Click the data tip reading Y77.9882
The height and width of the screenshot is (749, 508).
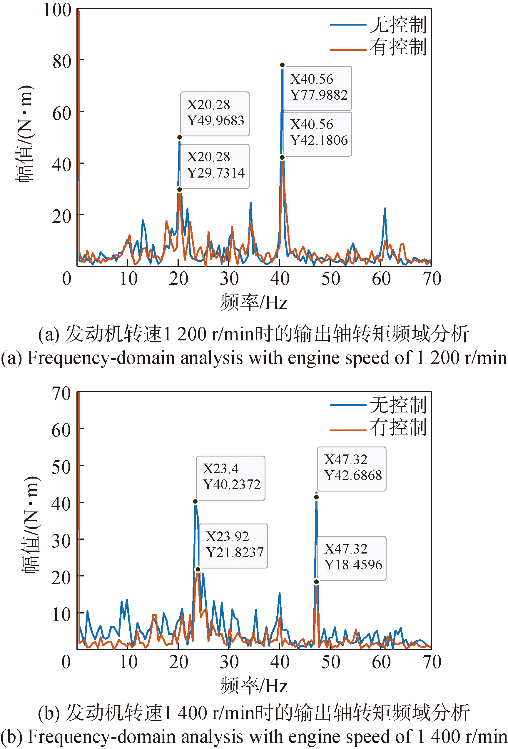point(317,88)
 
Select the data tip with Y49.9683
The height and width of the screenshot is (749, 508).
point(215,113)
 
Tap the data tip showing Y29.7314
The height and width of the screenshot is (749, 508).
point(215,166)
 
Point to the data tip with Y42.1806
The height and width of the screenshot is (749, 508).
point(317,133)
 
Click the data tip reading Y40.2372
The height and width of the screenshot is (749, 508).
point(230,478)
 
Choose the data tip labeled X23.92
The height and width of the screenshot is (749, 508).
point(233,546)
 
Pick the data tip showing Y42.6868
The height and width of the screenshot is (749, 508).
point(352,469)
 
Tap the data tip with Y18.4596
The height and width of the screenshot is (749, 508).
point(352,558)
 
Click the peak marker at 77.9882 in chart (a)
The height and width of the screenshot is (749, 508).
point(282,65)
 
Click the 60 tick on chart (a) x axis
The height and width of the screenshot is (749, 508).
point(381,279)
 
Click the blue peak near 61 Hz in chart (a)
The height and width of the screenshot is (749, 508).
point(385,209)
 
